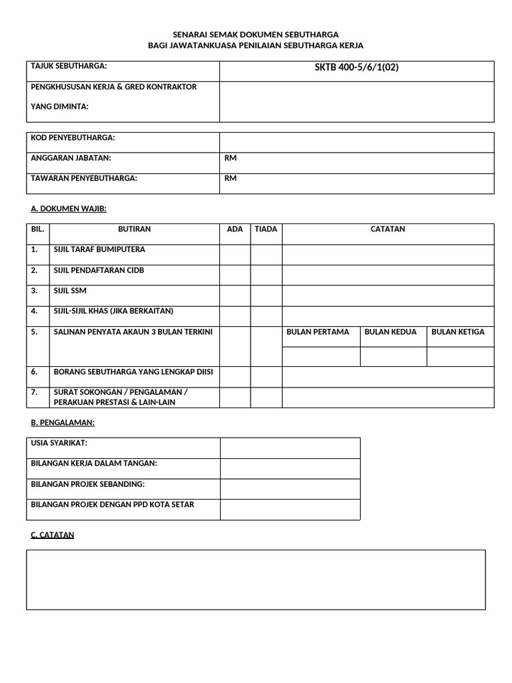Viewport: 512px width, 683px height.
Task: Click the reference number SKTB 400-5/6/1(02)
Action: point(357,67)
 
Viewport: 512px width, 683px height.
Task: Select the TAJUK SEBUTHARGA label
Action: point(69,66)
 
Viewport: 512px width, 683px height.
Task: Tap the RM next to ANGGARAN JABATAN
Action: point(231,158)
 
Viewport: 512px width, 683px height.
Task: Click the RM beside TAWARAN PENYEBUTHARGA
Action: point(231,178)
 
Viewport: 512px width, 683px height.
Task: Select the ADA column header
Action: point(235,229)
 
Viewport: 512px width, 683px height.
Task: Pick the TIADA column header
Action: point(266,229)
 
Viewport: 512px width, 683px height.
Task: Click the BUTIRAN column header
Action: point(134,229)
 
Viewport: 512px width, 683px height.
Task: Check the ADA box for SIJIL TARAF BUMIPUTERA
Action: point(235,254)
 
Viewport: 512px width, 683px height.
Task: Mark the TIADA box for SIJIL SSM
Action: point(266,295)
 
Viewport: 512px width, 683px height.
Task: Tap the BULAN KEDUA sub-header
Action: point(393,332)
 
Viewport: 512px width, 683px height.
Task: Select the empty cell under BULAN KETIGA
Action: point(460,357)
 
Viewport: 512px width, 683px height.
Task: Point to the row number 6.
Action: point(35,372)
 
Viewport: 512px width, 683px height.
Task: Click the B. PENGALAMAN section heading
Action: point(63,422)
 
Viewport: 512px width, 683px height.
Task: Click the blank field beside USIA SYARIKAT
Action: point(290,448)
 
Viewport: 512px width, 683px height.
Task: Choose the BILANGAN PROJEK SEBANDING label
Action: point(88,484)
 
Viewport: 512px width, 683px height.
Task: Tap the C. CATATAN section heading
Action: point(53,535)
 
